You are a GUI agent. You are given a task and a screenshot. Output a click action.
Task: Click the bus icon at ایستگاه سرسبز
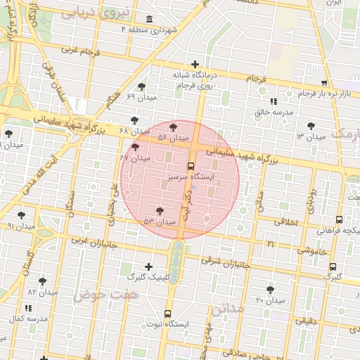click(x=190, y=167)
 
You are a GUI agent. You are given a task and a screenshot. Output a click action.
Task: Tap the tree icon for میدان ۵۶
click(x=174, y=127)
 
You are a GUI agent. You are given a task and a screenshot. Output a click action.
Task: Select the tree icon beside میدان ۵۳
click(x=160, y=211)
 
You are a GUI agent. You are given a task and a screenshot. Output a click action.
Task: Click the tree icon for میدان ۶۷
click(x=136, y=147)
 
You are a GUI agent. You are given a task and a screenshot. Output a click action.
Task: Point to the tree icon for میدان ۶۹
click(x=142, y=86)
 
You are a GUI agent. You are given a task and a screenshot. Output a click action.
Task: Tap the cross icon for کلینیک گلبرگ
click(x=148, y=266)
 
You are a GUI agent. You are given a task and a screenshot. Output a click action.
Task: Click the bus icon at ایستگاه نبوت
click(x=167, y=314)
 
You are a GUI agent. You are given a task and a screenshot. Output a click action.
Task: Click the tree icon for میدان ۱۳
click(x=310, y=126)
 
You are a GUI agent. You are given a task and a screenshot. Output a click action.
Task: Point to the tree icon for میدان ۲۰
click(x=270, y=290)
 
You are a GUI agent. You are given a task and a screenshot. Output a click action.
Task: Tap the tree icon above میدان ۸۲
click(x=42, y=281)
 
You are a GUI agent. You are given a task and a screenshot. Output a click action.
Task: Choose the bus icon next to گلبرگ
click(x=333, y=266)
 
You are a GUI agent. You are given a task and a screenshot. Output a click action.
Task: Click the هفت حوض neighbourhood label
click(x=105, y=294)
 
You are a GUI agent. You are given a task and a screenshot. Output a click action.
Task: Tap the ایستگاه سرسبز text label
click(x=190, y=179)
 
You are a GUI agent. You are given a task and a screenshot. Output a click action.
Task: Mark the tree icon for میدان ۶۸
click(x=134, y=120)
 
